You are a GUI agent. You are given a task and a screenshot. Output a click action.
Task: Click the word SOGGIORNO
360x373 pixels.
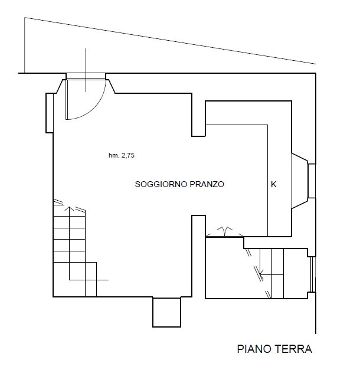point(161,184)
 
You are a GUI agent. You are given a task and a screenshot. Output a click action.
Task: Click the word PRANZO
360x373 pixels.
point(207,184)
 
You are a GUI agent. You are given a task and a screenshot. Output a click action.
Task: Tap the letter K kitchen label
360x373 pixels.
point(274,184)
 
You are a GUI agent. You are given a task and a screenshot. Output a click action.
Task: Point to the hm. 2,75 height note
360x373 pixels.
point(122,155)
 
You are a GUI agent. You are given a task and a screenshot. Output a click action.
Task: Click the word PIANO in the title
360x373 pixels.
point(254,349)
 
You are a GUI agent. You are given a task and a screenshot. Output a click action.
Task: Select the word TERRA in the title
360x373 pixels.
point(293,349)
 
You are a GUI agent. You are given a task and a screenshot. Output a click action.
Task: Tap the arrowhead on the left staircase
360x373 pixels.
point(69,208)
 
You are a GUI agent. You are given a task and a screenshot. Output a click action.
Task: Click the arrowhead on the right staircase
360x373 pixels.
point(261,271)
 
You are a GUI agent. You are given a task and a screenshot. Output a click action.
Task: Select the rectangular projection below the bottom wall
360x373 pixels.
point(166,312)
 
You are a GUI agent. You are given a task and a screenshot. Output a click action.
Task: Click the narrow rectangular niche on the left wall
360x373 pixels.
point(50,113)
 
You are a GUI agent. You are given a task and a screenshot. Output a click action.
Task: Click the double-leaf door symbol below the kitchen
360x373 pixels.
point(225,232)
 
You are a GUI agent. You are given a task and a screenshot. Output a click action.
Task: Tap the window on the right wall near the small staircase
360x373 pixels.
point(313,274)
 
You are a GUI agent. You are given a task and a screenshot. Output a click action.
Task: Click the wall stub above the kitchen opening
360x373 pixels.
point(198,114)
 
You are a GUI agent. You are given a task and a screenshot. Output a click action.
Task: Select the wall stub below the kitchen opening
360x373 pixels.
point(198,256)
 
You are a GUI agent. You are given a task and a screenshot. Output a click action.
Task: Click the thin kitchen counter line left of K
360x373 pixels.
point(268,181)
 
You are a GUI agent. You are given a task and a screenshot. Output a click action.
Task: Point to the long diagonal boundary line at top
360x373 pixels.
point(170,41)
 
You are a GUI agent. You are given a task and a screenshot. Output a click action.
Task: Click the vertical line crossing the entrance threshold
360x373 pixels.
point(86,70)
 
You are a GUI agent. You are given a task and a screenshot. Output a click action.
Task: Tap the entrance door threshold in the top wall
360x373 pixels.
point(86,76)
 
